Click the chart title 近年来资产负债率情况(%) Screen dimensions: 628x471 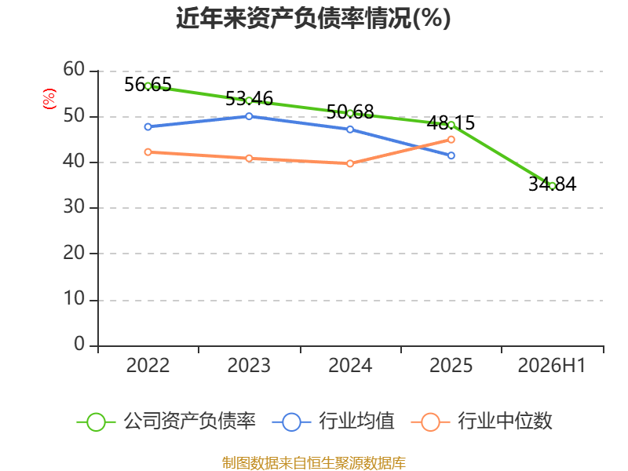click(313, 18)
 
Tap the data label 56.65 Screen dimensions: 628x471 click(148, 85)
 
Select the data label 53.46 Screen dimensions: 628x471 click(249, 99)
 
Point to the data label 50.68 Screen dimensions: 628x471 click(350, 111)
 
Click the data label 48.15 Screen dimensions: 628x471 click(451, 123)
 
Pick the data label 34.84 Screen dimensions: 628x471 click(553, 184)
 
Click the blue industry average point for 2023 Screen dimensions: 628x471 click(249, 116)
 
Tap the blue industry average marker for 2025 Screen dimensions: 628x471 click(451, 155)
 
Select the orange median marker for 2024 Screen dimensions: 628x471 click(350, 163)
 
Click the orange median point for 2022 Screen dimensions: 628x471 click(148, 152)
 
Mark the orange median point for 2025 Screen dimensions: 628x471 click(451, 140)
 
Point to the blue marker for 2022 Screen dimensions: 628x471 click(148, 127)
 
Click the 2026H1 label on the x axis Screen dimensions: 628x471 click(552, 366)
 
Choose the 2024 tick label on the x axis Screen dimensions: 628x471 click(350, 366)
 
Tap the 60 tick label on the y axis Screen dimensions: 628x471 click(74, 70)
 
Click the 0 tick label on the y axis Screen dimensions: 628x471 click(79, 344)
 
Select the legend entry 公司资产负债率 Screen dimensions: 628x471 click(166, 422)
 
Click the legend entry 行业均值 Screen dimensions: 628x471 click(333, 422)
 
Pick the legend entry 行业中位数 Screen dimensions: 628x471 click(481, 422)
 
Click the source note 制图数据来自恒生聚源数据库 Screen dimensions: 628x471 click(314, 463)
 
